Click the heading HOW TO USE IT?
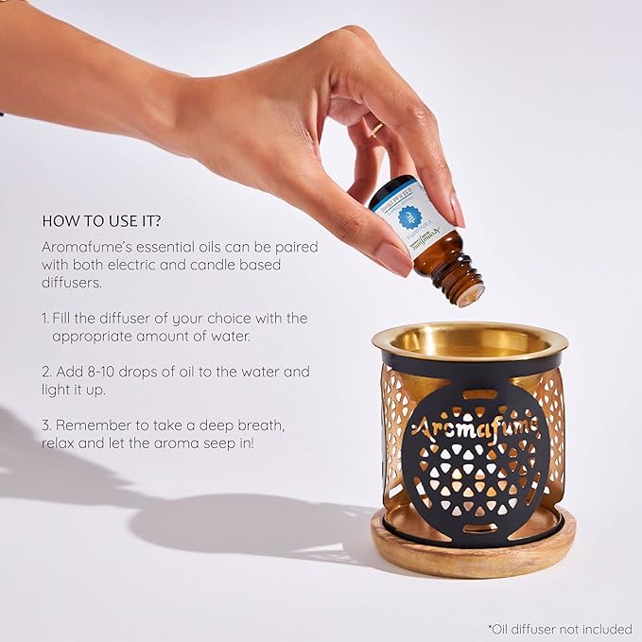[x=100, y=220]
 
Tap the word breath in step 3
[x=265, y=424]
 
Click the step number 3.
[x=45, y=424]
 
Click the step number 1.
[x=45, y=318]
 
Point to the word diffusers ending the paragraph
[x=72, y=283]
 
